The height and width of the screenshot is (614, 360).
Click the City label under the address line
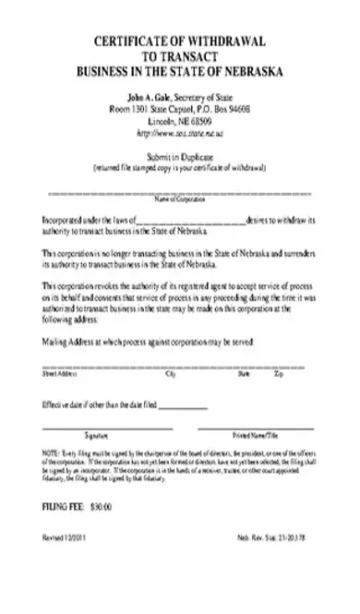click(170, 374)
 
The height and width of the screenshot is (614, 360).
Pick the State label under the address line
click(244, 374)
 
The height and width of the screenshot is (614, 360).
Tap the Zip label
click(278, 374)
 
